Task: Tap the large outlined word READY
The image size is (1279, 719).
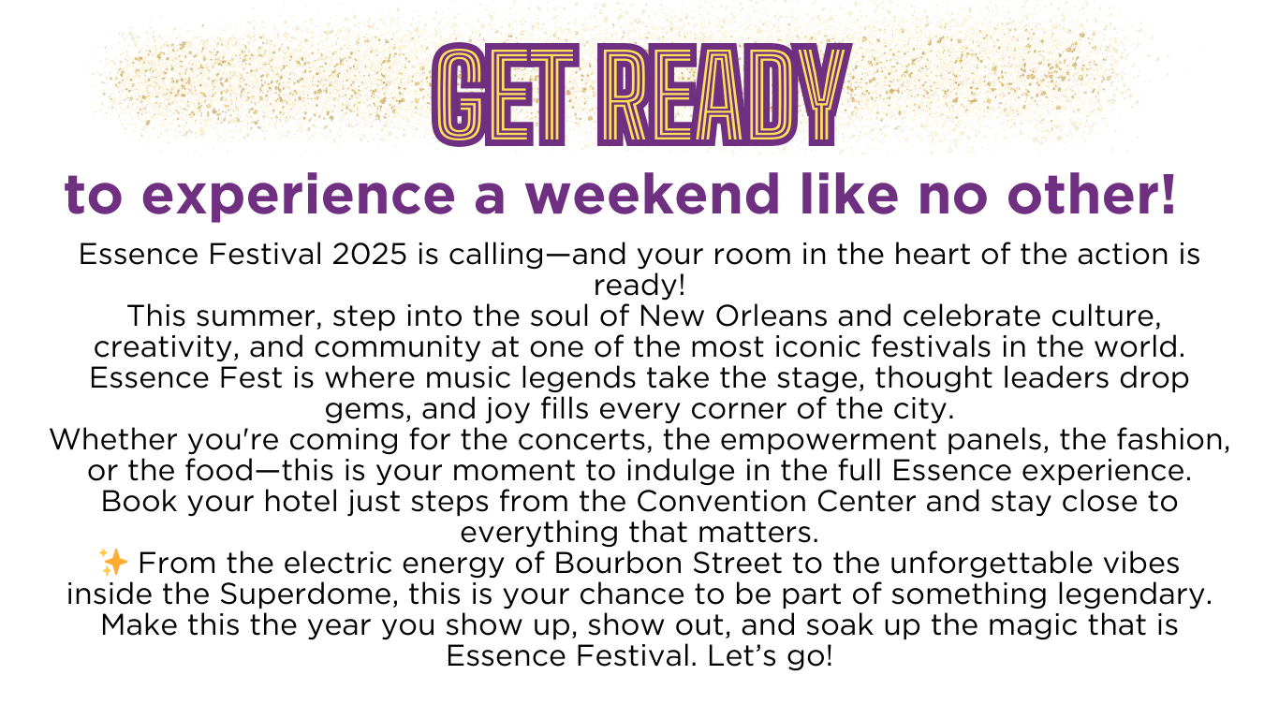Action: [725, 95]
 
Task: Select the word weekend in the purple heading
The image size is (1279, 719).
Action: [653, 195]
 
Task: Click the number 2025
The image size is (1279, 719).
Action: [370, 254]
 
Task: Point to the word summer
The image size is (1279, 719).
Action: [267, 316]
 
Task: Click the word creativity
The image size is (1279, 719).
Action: [166, 348]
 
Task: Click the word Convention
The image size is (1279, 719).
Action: [721, 502]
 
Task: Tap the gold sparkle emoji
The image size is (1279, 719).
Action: [113, 563]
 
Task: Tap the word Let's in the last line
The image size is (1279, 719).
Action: [742, 655]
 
